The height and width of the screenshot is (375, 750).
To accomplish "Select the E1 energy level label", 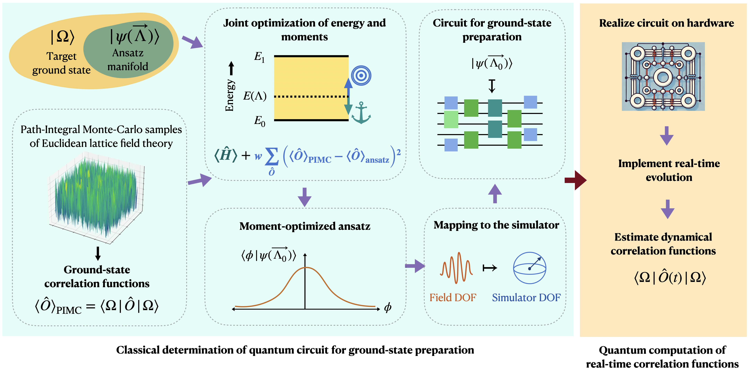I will pos(259,57).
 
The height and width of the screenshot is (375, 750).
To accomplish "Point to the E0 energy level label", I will pos(259,121).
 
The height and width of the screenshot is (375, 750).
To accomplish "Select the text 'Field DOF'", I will pos(453,297).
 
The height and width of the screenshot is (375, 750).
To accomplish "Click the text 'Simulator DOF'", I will pos(526,297).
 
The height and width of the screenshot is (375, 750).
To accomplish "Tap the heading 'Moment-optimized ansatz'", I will pos(305,226).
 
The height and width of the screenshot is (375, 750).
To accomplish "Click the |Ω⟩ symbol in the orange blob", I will pos(62,37).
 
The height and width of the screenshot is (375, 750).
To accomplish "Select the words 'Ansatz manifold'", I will pos(128,60).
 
